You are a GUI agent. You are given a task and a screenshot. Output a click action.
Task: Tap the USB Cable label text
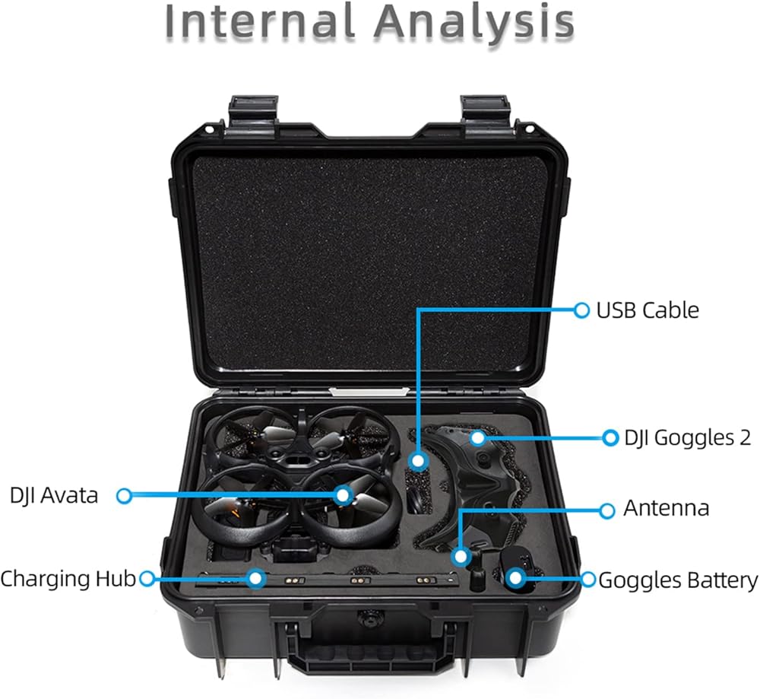(x=647, y=310)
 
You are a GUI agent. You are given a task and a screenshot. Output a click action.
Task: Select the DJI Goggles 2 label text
(x=687, y=437)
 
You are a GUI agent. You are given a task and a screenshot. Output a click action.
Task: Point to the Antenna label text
(x=667, y=509)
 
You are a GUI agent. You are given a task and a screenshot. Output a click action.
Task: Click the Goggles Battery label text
(x=678, y=581)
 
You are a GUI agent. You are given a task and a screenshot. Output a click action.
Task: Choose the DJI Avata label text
(x=54, y=496)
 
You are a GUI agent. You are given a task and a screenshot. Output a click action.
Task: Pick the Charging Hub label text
(x=68, y=579)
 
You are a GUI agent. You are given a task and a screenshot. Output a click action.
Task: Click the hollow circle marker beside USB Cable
(x=581, y=310)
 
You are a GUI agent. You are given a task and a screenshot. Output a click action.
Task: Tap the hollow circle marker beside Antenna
(x=606, y=510)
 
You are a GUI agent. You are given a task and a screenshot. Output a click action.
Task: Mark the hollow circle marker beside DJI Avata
(x=124, y=496)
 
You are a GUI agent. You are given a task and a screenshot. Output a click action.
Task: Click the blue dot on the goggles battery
(x=515, y=577)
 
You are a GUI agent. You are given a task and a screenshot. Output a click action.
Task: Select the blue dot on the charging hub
(x=256, y=578)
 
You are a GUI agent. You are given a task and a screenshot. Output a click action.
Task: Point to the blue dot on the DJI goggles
(x=477, y=437)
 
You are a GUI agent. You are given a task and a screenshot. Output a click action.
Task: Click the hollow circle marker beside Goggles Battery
(x=588, y=580)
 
